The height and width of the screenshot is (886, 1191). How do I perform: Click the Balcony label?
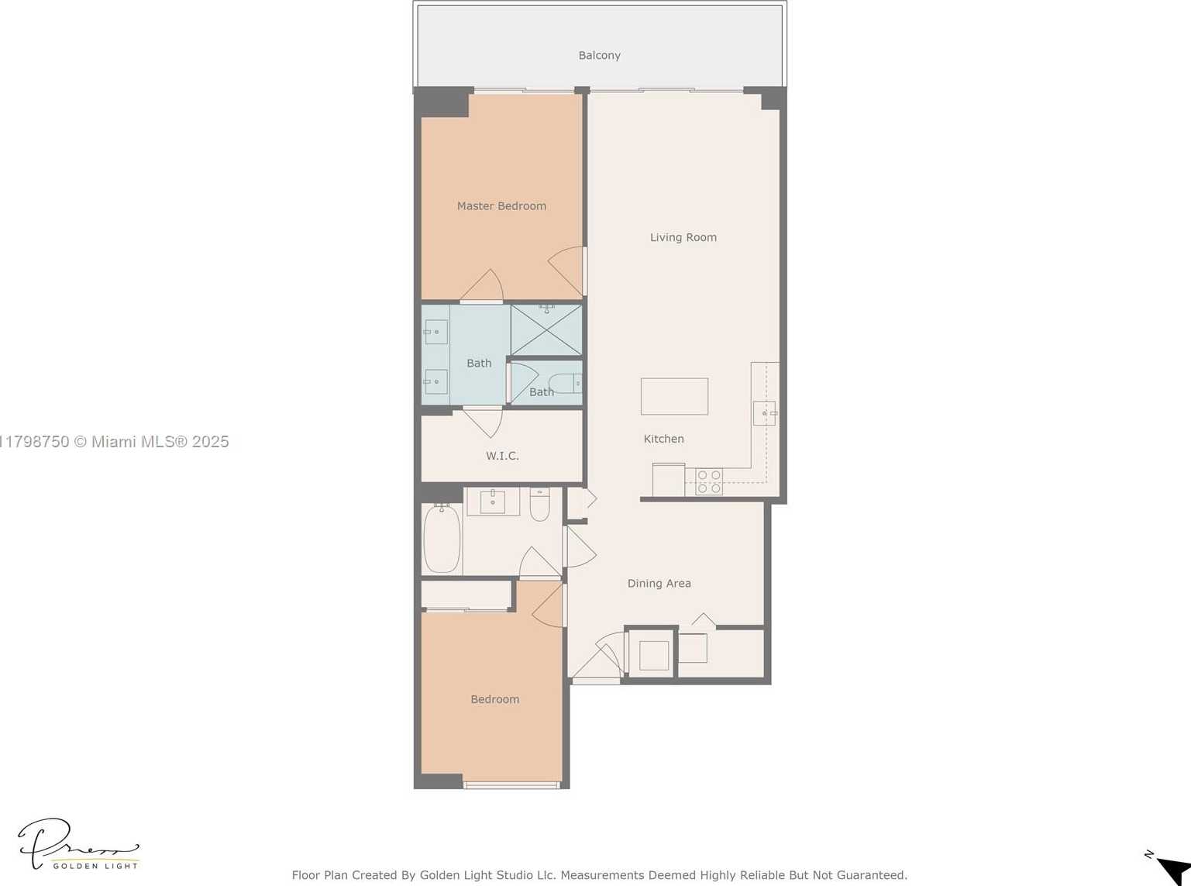tap(599, 55)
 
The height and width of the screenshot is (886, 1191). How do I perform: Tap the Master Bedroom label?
tap(501, 205)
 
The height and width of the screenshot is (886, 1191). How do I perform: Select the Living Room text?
tap(683, 237)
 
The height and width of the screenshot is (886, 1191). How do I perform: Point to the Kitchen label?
tap(664, 439)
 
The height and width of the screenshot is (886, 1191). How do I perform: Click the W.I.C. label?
tap(502, 456)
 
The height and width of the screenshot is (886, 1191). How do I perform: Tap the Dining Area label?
tap(659, 583)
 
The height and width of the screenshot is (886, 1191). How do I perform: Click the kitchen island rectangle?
tap(674, 397)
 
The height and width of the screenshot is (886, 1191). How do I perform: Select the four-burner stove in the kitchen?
tap(709, 481)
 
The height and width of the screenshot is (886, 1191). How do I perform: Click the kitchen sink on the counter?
tap(765, 413)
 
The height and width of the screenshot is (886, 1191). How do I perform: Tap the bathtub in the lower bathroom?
tap(442, 539)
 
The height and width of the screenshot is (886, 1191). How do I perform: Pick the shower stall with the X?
tap(546, 329)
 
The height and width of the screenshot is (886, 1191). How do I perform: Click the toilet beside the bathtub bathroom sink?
tap(539, 504)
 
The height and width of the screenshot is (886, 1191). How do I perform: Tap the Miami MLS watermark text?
tap(115, 442)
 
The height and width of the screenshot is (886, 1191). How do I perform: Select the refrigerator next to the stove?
tap(669, 479)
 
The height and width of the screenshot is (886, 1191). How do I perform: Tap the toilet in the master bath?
tap(565, 383)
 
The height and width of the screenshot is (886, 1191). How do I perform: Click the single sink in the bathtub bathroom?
tap(492, 502)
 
